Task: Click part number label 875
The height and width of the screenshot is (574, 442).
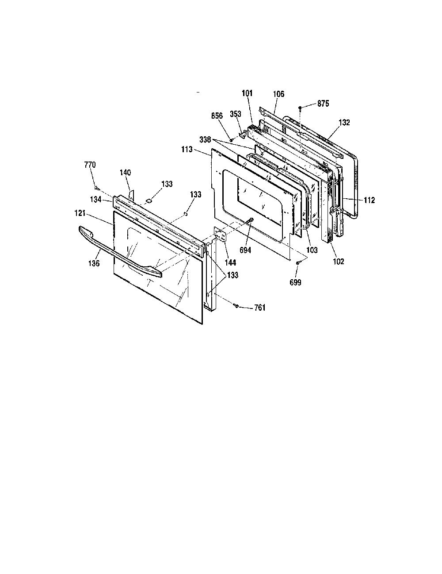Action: click(x=323, y=104)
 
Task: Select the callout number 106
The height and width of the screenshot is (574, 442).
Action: click(x=278, y=94)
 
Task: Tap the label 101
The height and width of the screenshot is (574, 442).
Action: click(x=247, y=93)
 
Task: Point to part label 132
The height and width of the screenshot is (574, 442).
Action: click(x=344, y=123)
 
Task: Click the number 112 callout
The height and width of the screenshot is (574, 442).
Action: click(x=369, y=200)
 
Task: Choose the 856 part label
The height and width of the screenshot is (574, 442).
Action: click(x=217, y=116)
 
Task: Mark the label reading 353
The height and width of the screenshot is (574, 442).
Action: click(x=236, y=114)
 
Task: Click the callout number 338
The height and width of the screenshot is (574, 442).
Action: click(x=205, y=139)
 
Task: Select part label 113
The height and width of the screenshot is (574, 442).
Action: click(x=187, y=150)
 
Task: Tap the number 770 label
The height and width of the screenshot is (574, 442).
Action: click(x=90, y=165)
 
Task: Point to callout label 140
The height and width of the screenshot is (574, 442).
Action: click(x=125, y=173)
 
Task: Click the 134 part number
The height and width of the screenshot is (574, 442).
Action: click(x=96, y=200)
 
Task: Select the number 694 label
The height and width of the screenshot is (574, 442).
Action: click(x=245, y=250)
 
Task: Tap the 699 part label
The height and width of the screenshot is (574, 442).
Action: click(x=295, y=282)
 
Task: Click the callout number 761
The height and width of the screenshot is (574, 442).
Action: click(x=260, y=308)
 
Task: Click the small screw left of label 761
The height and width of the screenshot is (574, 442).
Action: click(x=236, y=306)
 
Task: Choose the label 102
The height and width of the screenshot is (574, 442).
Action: click(x=339, y=262)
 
